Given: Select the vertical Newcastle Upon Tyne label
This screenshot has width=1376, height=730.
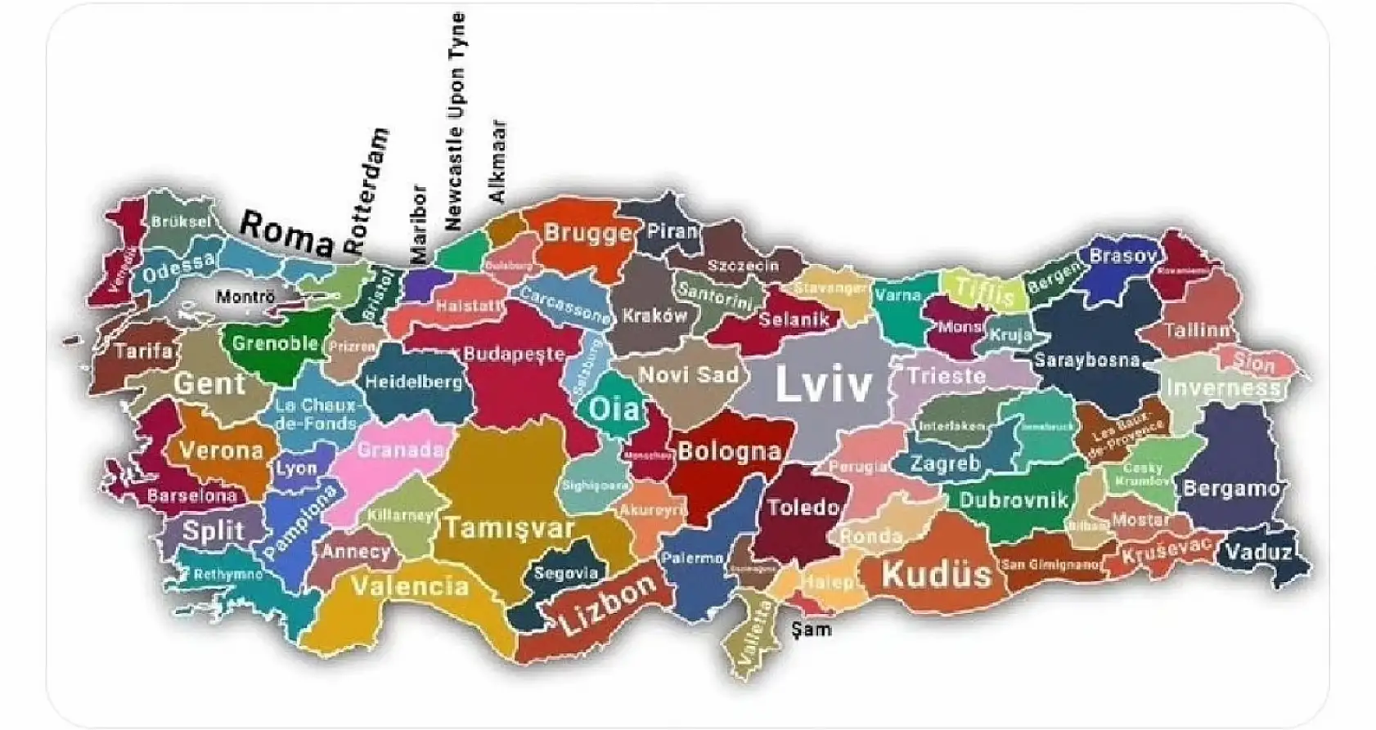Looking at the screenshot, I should pyautogui.click(x=454, y=121).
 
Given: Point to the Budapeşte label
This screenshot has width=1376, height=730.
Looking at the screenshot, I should pyautogui.click(x=514, y=354).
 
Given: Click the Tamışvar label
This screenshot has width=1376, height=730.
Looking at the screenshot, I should pyautogui.click(x=509, y=528).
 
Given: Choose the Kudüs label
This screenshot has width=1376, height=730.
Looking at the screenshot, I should pyautogui.click(x=937, y=575).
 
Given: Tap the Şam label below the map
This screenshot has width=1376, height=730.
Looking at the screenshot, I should pyautogui.click(x=811, y=629).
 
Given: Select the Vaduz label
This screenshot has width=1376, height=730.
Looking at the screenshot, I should pyautogui.click(x=1259, y=553).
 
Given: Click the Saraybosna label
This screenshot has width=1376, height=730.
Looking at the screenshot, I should pyautogui.click(x=1086, y=360).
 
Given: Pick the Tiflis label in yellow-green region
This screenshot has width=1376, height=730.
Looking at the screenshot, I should pyautogui.click(x=984, y=290).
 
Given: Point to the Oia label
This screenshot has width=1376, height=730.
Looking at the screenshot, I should pyautogui.click(x=614, y=408).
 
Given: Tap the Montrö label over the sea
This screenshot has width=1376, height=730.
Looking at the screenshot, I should pyautogui.click(x=245, y=297).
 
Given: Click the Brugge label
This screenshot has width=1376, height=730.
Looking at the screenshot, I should pyautogui.click(x=588, y=233).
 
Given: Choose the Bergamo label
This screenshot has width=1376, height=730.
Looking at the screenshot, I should pyautogui.click(x=1230, y=489).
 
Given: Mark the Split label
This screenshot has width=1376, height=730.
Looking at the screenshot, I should pyautogui.click(x=213, y=531).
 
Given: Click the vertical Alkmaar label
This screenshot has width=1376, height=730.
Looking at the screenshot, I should pyautogui.click(x=497, y=162).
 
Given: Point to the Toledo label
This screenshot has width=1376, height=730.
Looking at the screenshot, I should pyautogui.click(x=803, y=508).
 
